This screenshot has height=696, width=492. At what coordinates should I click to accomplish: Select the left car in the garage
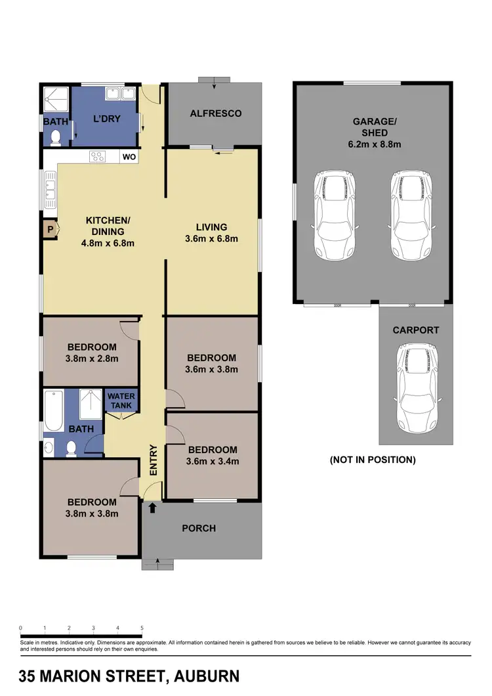click(x=335, y=215)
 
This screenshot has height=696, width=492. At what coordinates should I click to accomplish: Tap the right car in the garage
click(x=411, y=215)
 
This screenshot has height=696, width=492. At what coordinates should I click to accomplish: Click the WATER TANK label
click(x=121, y=401)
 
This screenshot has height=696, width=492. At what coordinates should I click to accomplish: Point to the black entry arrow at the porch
click(x=153, y=507)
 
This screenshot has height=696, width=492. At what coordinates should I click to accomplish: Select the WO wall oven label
click(x=129, y=158)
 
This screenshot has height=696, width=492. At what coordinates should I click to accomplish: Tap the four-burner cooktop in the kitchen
click(x=98, y=157)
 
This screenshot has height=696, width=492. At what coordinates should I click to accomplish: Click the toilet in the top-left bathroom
click(x=56, y=137)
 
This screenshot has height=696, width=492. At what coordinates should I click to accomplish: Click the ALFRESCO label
click(x=215, y=113)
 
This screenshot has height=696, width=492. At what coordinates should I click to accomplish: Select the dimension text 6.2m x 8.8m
click(x=375, y=144)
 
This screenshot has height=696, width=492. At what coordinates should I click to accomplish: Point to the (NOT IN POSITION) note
click(x=372, y=460)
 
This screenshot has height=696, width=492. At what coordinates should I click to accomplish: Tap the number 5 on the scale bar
click(x=142, y=628)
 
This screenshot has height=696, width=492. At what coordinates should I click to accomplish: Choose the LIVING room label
click(x=211, y=227)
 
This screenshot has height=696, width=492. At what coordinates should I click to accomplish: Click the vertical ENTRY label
click(x=154, y=461)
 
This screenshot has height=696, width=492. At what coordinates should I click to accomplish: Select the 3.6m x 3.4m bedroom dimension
click(x=213, y=461)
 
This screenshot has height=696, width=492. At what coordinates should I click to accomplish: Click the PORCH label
click(x=198, y=528)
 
